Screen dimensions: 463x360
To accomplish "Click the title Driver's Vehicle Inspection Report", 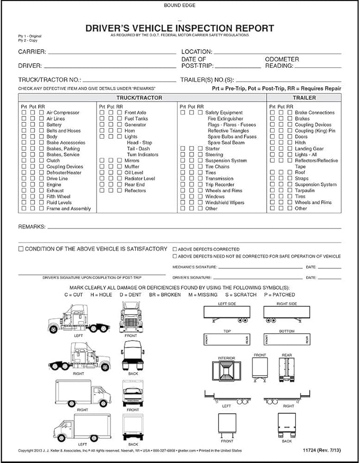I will coord(180,28).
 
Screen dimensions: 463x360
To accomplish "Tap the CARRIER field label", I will coord(32,52).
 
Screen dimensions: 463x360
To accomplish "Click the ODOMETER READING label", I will coord(282,63).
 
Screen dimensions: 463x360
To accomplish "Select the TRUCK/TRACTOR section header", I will coord(139,98).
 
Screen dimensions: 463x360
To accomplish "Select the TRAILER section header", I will coord(304,98).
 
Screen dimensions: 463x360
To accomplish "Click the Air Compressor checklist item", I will coord(63,113).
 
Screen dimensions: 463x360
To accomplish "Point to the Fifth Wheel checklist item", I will coord(58,197).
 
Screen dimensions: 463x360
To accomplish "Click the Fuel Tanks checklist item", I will coord(136,119).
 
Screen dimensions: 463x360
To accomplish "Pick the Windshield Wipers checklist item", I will coord(225,202).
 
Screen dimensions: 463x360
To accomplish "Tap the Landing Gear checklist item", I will coord(309,149).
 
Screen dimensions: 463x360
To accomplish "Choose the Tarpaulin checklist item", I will coord(306,191).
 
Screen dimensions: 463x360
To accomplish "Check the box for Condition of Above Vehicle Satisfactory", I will coord(21,248).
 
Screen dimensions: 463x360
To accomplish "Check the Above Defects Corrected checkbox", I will coord(175,249).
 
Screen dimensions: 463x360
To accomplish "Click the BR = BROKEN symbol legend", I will coord(164,295).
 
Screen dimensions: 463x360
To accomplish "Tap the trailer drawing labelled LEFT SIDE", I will coord(226,314).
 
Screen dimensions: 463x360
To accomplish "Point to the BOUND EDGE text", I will coord(180,5).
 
